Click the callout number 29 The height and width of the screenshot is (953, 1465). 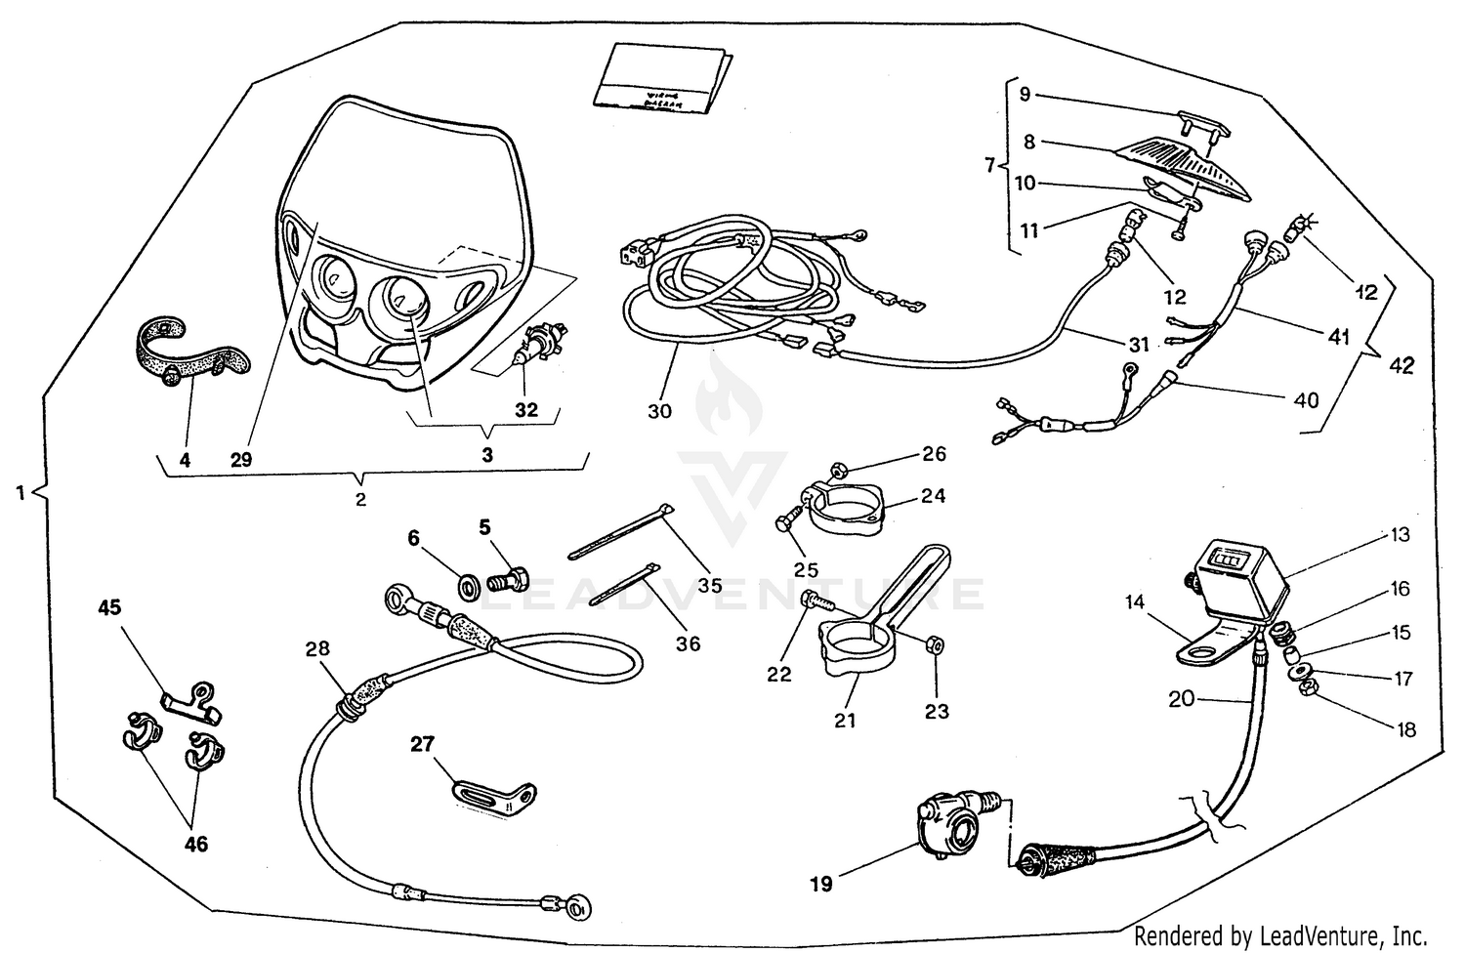click(241, 460)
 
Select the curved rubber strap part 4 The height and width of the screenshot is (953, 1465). click(186, 352)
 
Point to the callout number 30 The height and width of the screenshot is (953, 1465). click(660, 411)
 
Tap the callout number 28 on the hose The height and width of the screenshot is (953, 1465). click(317, 648)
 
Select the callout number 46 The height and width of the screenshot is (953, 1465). click(196, 844)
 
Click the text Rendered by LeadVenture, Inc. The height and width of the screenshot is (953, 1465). click(1280, 934)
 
